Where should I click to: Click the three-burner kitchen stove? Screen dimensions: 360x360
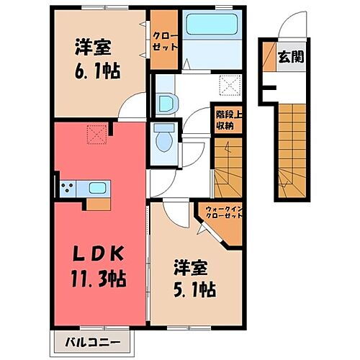tap(68, 189)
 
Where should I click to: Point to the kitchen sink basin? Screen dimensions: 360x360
tap(97, 189)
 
